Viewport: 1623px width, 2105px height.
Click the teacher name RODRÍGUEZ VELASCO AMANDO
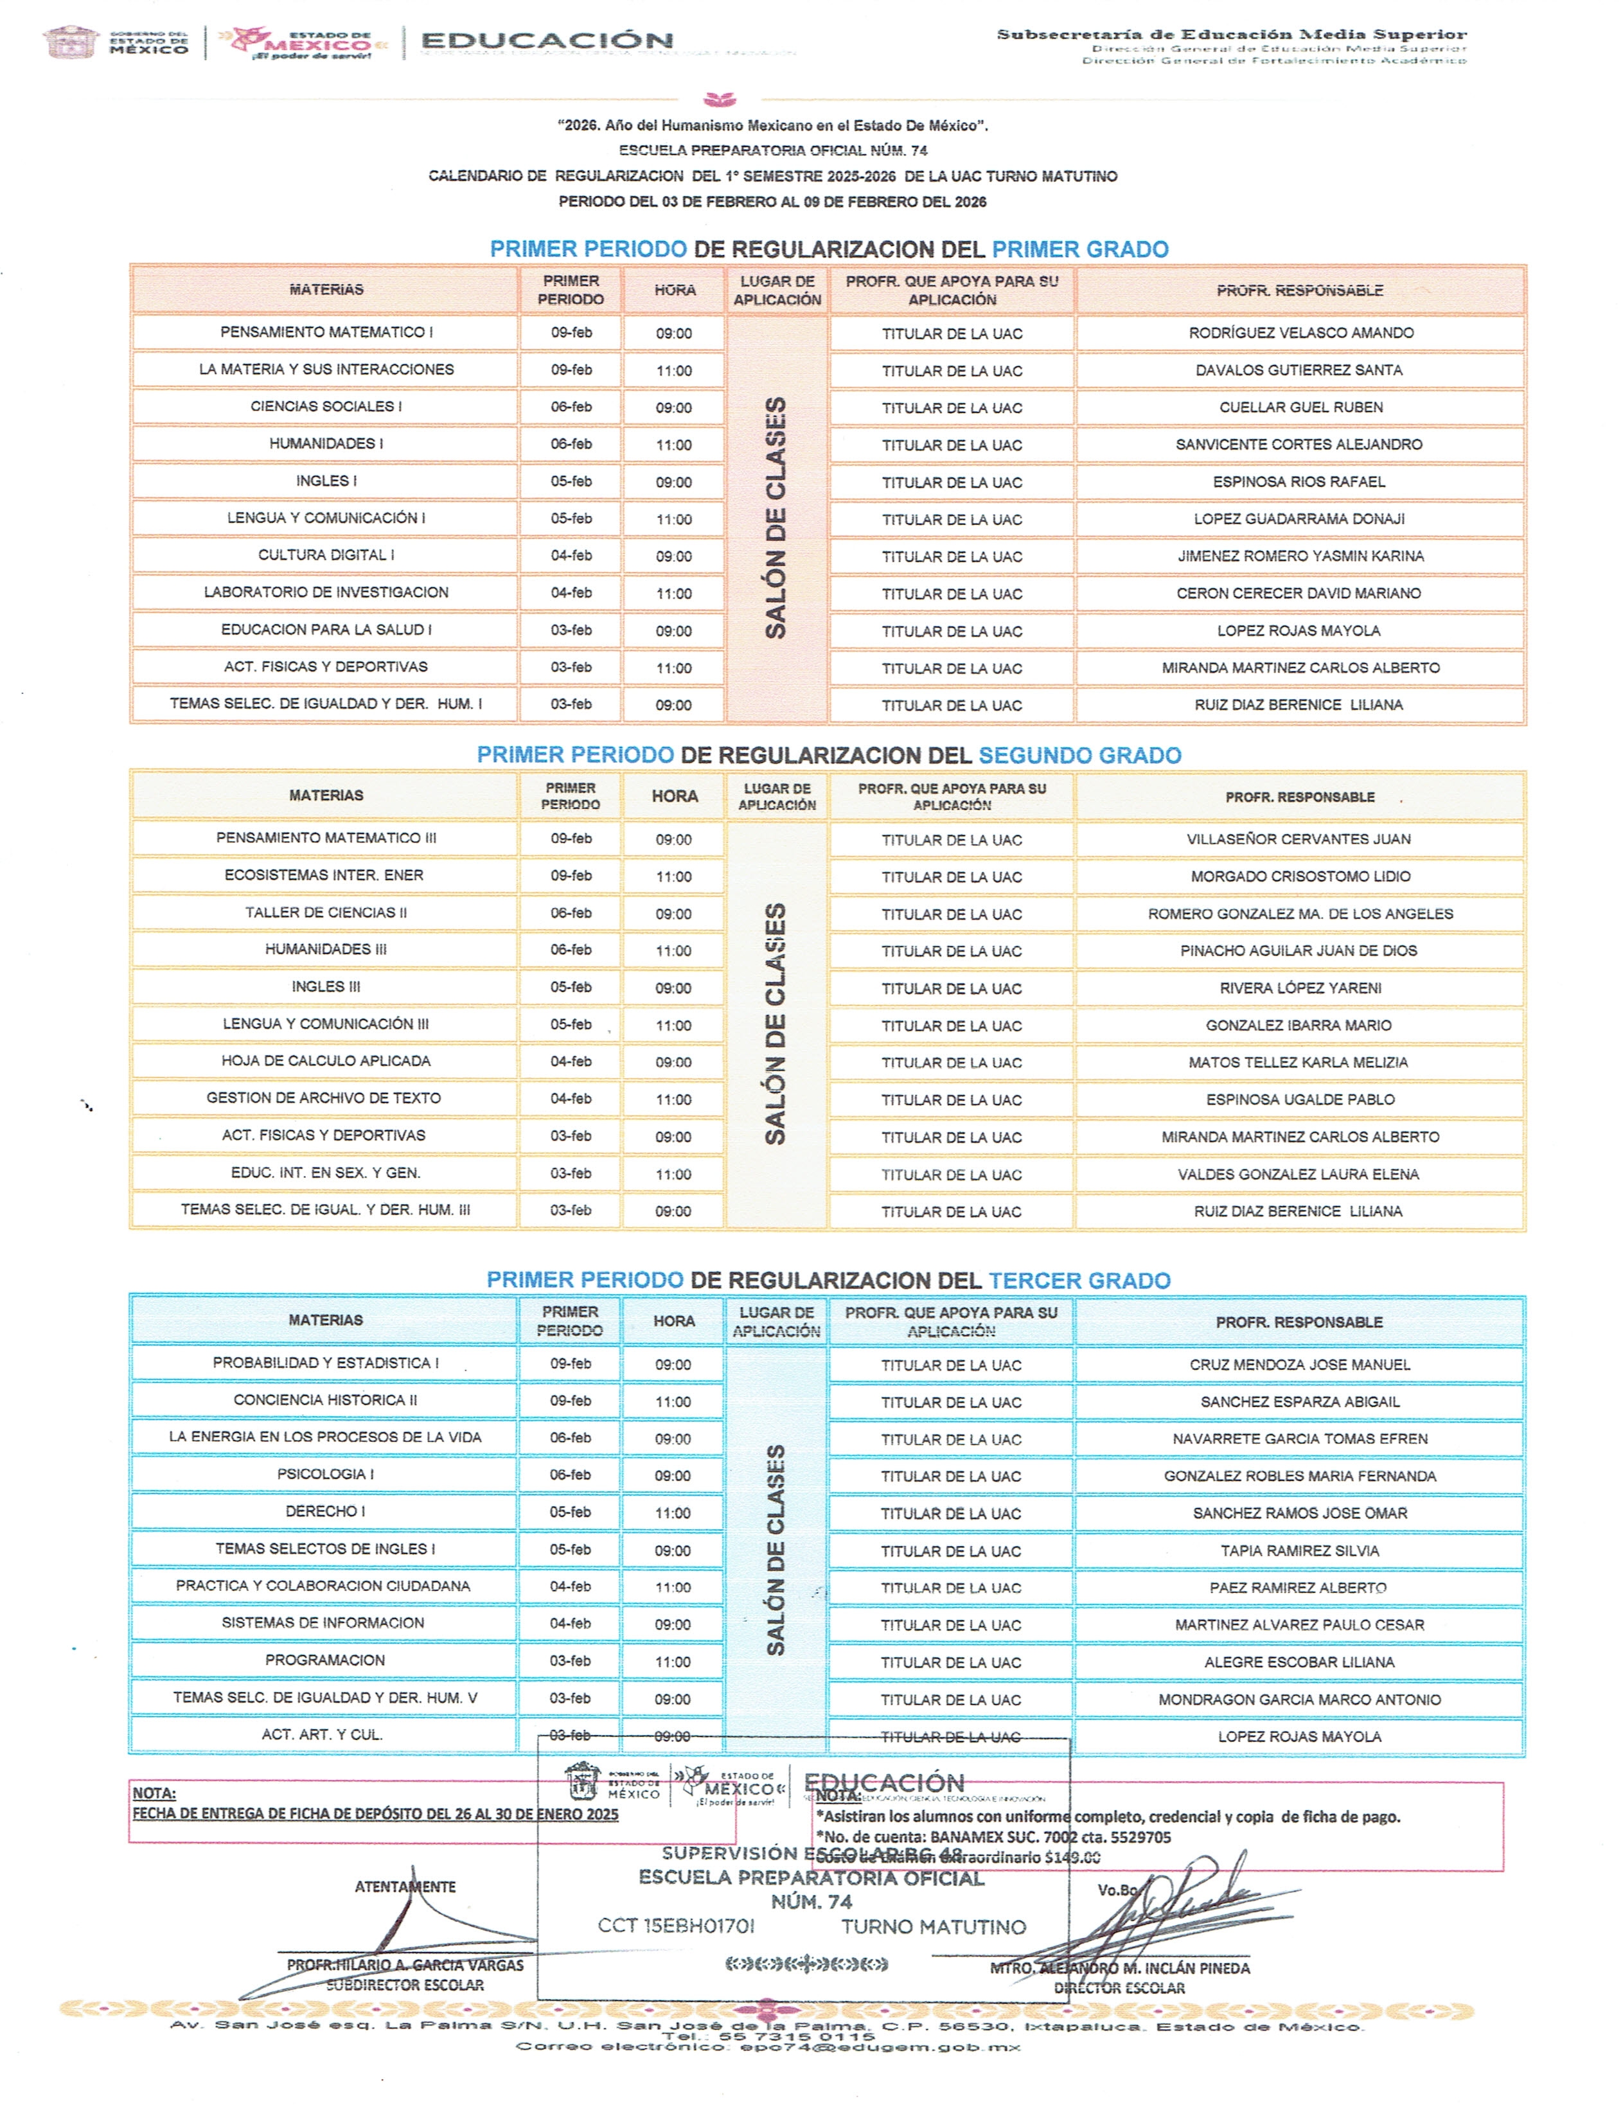pyautogui.click(x=1300, y=333)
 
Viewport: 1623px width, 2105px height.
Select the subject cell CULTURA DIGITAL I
pyautogui.click(x=326, y=555)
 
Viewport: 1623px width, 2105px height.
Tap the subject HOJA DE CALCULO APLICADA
pyautogui.click(x=326, y=1061)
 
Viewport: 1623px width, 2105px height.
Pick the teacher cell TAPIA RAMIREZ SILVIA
pyautogui.click(x=1299, y=1551)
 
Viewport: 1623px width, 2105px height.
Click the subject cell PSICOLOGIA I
pyautogui.click(x=326, y=1475)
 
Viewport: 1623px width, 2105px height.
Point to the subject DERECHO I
pyautogui.click(x=326, y=1511)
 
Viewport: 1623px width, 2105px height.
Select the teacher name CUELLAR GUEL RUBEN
pyautogui.click(x=1300, y=407)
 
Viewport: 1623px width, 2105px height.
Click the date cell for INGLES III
pyautogui.click(x=571, y=987)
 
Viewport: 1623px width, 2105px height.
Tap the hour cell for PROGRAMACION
pyautogui.click(x=673, y=1662)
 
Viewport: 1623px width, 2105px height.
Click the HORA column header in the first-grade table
pyautogui.click(x=675, y=290)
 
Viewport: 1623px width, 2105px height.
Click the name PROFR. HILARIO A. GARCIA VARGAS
pyautogui.click(x=405, y=1964)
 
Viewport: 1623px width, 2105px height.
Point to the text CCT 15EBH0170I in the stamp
pyautogui.click(x=676, y=1926)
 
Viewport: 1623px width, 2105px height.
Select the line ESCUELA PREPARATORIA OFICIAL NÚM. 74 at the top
pyautogui.click(x=773, y=150)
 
